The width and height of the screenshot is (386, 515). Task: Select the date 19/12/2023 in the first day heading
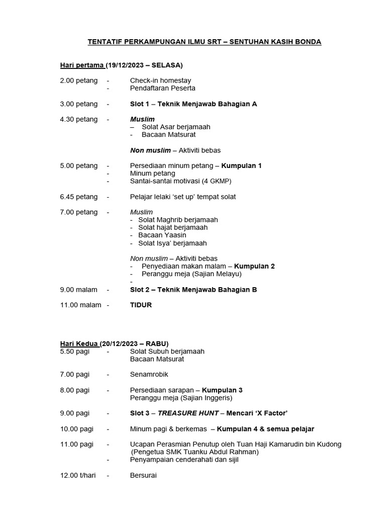(126, 65)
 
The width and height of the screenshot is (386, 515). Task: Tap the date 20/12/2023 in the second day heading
(119, 344)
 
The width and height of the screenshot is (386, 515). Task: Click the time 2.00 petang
(79, 80)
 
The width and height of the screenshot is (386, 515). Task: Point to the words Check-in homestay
(160, 80)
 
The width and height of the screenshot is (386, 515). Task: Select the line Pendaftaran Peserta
(162, 88)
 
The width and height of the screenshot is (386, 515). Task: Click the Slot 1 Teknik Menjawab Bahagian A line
(194, 104)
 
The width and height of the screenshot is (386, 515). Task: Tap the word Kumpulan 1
(242, 165)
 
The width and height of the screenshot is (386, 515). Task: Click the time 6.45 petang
(79, 197)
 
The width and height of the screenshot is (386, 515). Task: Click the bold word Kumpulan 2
(254, 266)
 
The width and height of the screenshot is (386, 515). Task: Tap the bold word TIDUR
(141, 305)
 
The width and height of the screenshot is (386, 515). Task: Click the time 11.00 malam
(80, 305)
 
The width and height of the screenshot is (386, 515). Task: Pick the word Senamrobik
(149, 375)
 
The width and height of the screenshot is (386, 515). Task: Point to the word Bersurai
(143, 475)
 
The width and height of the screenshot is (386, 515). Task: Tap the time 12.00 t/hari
(78, 475)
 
